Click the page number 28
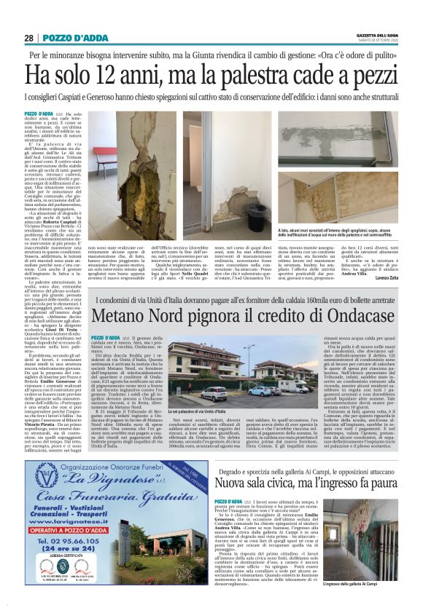[x=28, y=38]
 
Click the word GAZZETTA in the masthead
[x=365, y=35]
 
